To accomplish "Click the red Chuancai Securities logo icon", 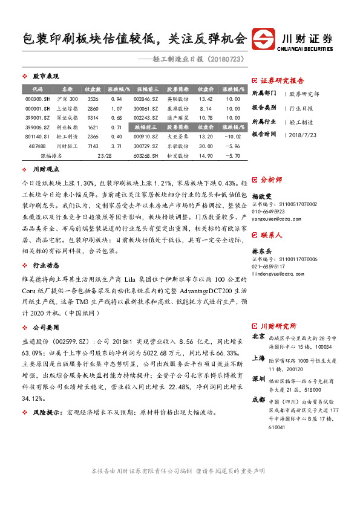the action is tap(264, 38).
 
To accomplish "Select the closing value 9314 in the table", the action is tap(93, 117).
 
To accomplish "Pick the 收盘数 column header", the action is tap(93, 89).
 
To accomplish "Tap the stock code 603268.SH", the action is tap(146, 155).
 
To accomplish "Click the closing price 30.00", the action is tap(206, 146).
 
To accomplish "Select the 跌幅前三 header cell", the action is tap(146, 127).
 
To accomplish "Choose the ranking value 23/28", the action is tap(104, 155).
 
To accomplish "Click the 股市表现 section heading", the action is tap(45, 77).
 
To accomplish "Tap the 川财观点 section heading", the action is tap(45, 169).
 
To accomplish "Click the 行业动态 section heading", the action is tap(45, 265).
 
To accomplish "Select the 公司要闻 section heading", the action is tap(45, 326).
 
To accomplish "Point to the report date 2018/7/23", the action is tap(301, 134).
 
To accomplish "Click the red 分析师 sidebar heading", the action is tap(270, 180).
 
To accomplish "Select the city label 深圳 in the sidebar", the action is tap(258, 379).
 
